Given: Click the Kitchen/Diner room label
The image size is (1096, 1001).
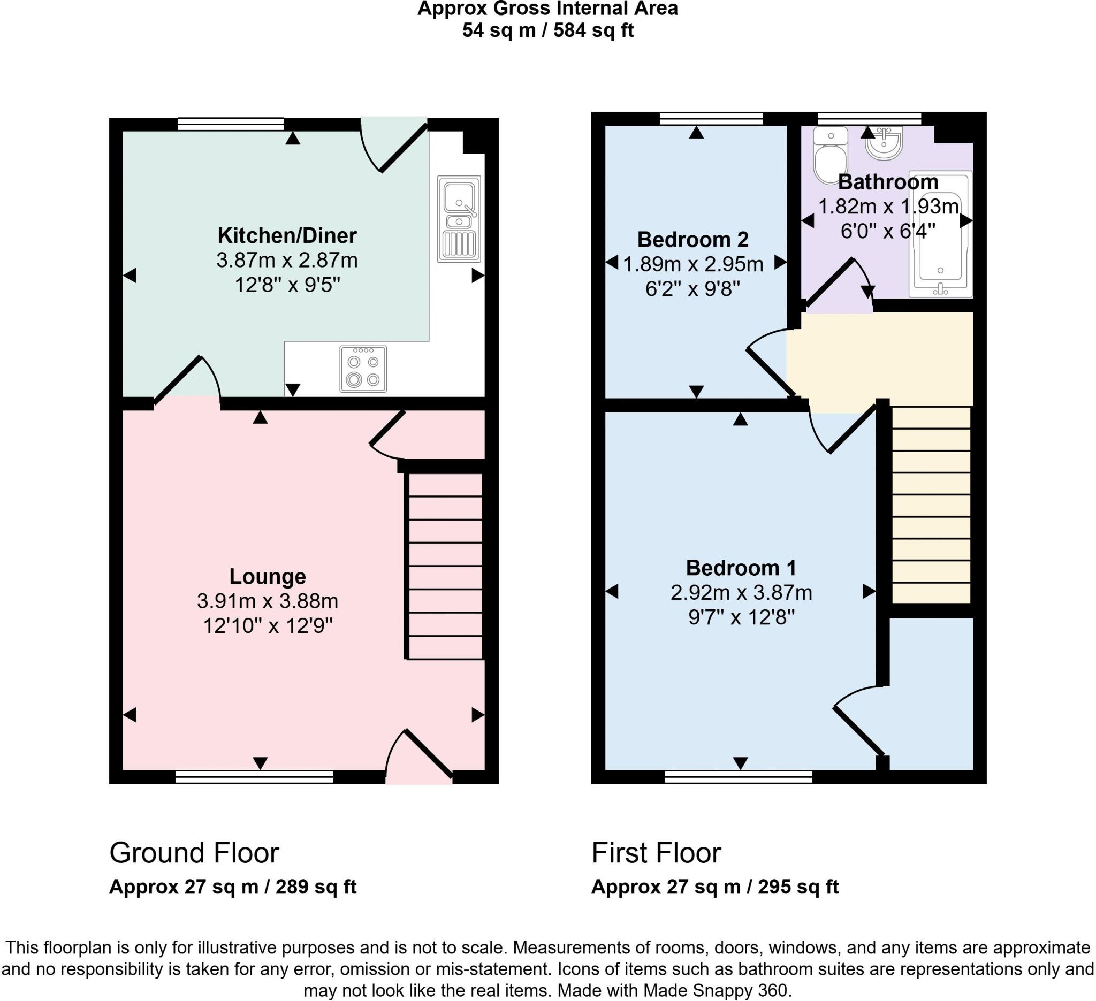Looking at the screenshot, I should coord(287,235).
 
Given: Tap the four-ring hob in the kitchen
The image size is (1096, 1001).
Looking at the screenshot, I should coord(363,369).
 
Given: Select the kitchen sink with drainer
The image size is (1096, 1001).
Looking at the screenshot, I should coord(459,219).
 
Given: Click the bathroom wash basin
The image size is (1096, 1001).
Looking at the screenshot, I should coord(884,142).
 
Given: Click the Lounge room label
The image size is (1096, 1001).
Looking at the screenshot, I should coord(268,576).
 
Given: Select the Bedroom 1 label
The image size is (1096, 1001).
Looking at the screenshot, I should coord(741,567).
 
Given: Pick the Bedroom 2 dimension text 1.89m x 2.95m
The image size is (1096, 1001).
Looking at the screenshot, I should coord(692,264).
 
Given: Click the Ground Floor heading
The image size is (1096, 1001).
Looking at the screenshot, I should coord(194,853).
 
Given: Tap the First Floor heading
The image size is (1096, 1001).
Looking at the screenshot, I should coord(656,853).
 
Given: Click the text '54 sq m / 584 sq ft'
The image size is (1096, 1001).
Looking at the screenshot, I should coord(547,30).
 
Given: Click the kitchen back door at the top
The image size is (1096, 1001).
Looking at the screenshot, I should coord(397,147).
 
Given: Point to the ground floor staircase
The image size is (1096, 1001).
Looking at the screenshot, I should coord(445,565).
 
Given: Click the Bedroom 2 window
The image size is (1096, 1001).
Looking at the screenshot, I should coord(711,118).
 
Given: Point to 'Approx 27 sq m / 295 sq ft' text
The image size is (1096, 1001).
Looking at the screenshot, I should coord(715,887).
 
